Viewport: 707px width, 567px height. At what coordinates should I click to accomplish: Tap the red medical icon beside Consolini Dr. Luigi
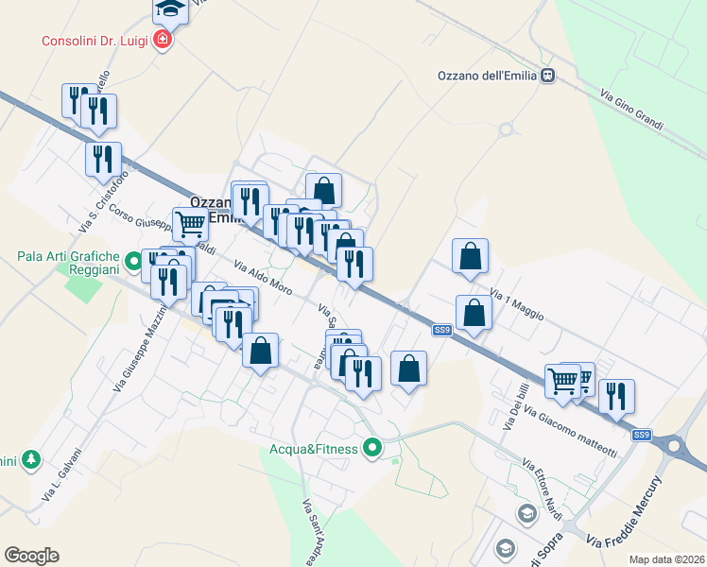[163, 40]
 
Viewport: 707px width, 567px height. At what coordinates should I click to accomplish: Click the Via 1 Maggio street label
[516, 304]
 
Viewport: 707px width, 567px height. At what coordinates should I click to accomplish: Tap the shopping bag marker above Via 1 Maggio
[470, 257]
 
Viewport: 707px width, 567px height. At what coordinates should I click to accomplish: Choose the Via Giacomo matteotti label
[570, 431]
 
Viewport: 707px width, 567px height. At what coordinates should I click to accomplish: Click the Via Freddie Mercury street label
[624, 512]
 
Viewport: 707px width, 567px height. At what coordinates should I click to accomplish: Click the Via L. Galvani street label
[63, 473]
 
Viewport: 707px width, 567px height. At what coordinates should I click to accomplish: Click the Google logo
[31, 556]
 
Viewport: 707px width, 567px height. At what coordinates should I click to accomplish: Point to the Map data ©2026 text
[666, 558]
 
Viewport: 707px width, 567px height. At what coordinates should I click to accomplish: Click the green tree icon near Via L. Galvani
[32, 460]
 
